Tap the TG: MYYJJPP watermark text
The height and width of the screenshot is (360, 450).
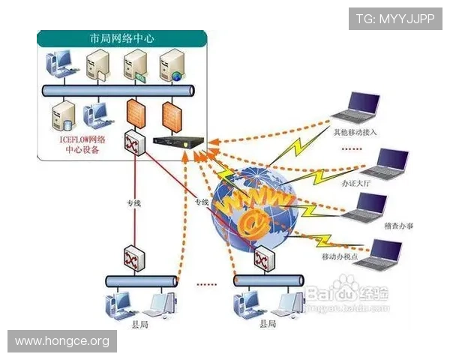[394, 18]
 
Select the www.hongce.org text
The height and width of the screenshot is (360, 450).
[62, 341]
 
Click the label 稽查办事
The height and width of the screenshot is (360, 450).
[398, 226]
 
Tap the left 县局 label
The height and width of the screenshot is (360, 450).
[140, 322]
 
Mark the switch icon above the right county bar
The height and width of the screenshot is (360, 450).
[263, 259]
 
